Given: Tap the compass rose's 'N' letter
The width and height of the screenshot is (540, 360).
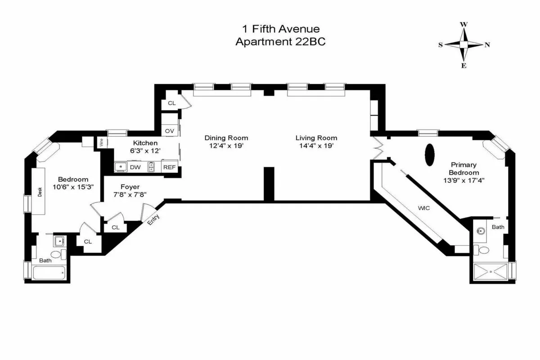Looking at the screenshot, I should point(487,45).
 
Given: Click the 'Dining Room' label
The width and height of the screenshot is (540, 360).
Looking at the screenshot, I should point(226,138).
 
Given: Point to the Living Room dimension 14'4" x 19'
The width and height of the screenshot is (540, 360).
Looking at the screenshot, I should point(316,146).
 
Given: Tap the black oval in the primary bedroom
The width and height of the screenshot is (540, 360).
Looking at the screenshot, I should point(430,154).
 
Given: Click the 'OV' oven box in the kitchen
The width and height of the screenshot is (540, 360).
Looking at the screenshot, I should point(170,131).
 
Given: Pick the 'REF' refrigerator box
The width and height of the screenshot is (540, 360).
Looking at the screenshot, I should point(169,167).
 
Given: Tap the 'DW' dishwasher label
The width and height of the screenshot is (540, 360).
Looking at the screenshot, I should point(135,167).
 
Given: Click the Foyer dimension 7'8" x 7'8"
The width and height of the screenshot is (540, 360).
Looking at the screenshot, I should point(130,195).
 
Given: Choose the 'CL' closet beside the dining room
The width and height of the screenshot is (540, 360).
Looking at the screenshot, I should point(171,103).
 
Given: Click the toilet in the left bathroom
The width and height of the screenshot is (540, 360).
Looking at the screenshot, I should point(58,255).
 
